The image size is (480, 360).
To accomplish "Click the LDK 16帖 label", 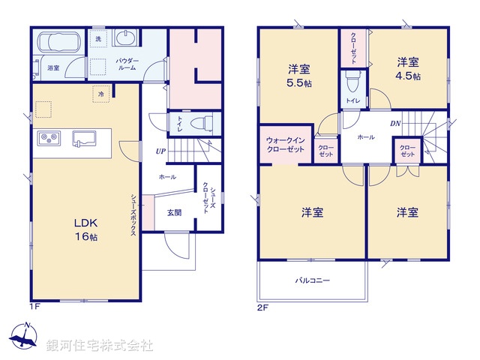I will pyautogui.click(x=85, y=229).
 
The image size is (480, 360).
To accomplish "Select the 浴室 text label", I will pyautogui.click(x=53, y=67).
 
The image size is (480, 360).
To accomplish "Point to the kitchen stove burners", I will pyautogui.click(x=49, y=138).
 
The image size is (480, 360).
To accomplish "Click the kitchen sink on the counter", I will pyautogui.click(x=83, y=138).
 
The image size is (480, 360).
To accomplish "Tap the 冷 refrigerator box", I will pyautogui.click(x=101, y=94).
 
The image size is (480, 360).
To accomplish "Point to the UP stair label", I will pyautogui.click(x=160, y=151).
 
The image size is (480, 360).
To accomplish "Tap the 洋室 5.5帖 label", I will pyautogui.click(x=298, y=76).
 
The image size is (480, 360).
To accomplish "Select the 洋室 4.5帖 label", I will pyautogui.click(x=408, y=68).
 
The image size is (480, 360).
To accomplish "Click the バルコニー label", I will pyautogui.click(x=312, y=280).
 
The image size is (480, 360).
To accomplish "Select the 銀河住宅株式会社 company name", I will pyautogui.click(x=99, y=346).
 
